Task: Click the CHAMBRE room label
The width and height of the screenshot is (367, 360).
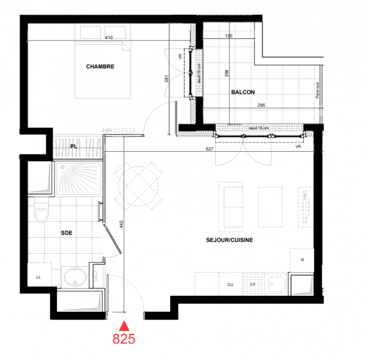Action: click(100, 67)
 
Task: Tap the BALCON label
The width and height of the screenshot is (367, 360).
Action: click(243, 92)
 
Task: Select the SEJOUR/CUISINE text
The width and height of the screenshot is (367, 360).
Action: click(229, 240)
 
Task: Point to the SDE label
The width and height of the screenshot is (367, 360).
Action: click(67, 233)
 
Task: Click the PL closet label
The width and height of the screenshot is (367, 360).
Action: click(74, 146)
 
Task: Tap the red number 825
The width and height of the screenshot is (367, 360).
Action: click(124, 339)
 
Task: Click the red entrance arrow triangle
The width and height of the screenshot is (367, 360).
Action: click(124, 326)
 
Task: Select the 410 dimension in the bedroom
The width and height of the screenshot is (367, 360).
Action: click(109, 37)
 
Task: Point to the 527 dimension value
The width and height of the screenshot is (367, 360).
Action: click(210, 149)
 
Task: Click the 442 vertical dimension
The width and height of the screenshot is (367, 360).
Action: click(121, 225)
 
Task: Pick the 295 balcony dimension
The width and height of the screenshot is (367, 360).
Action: click(261, 105)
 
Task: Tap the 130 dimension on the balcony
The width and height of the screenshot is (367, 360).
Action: click(228, 36)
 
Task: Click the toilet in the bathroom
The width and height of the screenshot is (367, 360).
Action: click(41, 210)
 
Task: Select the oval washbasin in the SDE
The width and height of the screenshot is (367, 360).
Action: click(75, 277)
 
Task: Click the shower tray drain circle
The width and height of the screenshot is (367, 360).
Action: click(63, 167)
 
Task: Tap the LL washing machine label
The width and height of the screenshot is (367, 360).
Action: click(39, 277)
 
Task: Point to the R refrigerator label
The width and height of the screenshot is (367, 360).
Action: click(302, 260)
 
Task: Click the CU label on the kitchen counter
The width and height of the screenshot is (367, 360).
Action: click(230, 285)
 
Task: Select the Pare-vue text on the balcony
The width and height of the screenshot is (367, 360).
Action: click(318, 90)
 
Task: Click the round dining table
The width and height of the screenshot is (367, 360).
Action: click(139, 186)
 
